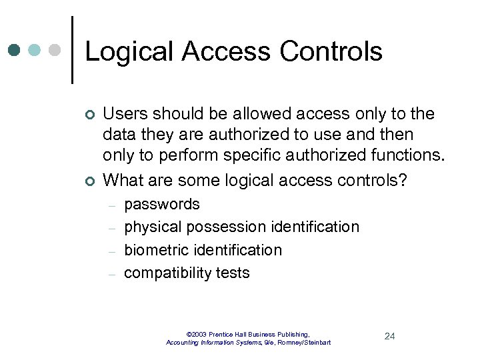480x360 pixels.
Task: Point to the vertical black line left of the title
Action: click(x=72, y=50)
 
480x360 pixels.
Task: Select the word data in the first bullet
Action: click(x=119, y=135)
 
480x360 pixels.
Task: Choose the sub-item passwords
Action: click(x=162, y=205)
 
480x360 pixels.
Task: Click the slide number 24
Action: click(x=390, y=336)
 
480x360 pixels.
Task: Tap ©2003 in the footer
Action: click(x=197, y=334)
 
